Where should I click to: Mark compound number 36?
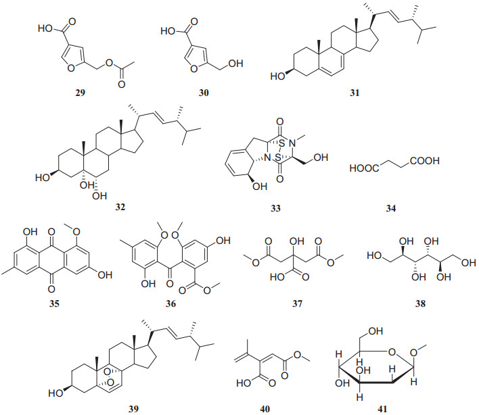tap(171, 305)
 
